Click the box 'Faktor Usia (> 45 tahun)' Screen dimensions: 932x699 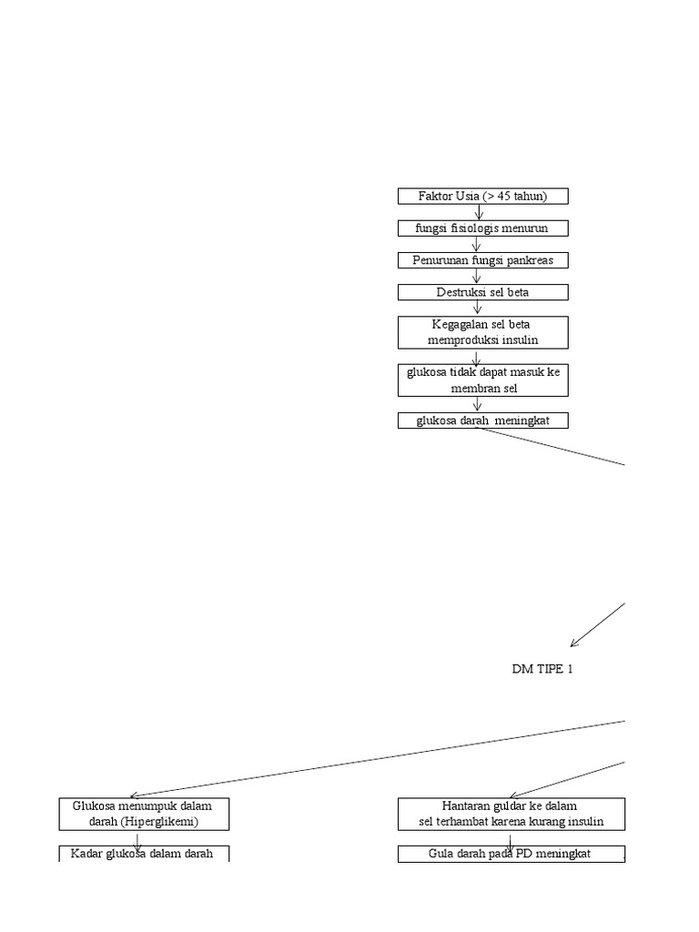tap(482, 197)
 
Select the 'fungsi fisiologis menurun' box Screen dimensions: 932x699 tap(482, 228)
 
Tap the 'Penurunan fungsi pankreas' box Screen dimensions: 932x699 tap(482, 260)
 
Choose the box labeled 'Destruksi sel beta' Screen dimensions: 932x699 tap(482, 292)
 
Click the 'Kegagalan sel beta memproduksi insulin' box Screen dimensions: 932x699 tap(482, 332)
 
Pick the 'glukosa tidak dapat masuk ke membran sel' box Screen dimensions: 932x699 tap(482, 380)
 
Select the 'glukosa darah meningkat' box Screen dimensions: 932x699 tap(482, 420)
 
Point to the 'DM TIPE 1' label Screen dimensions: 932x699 tap(542, 669)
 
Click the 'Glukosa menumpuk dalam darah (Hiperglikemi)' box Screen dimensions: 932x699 tap(144, 814)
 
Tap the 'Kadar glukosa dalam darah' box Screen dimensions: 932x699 tap(144, 854)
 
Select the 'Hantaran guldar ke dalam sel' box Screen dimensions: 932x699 tap(511, 814)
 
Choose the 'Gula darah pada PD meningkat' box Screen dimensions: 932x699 tap(511, 854)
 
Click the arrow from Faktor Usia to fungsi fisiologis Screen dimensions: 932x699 tap(479, 212)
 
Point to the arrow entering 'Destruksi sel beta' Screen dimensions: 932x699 tap(478, 277)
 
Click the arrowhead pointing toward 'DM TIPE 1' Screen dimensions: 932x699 tap(574, 643)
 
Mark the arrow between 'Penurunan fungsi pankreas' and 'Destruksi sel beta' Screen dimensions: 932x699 tap(478, 277)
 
